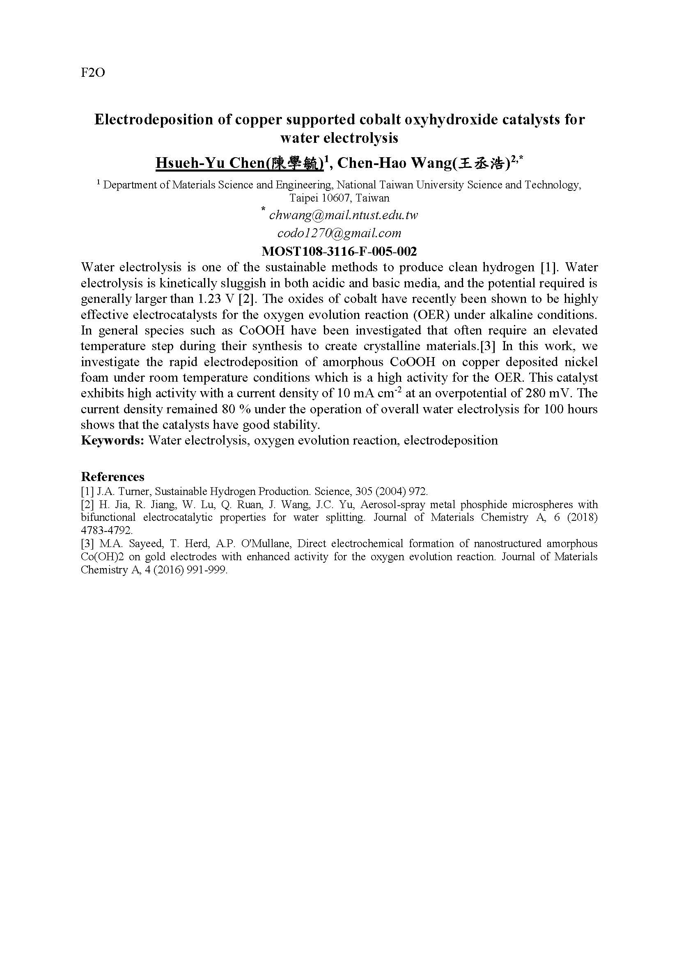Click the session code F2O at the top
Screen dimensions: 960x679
92,73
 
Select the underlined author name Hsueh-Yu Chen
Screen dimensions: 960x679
239,163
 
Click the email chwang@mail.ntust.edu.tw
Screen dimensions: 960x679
344,215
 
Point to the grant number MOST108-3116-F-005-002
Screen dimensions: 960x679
339,251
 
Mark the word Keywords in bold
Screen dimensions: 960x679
112,441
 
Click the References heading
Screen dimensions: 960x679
112,477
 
